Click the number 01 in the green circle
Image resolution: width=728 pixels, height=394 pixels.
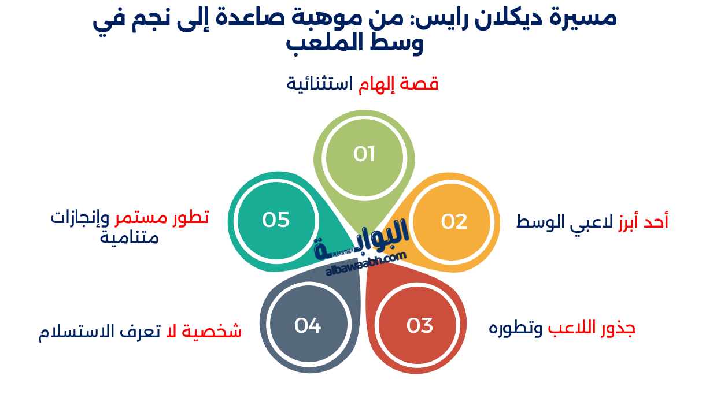(x=364, y=154)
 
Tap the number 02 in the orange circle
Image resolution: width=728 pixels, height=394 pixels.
(x=454, y=221)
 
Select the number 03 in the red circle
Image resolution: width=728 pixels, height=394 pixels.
(x=420, y=326)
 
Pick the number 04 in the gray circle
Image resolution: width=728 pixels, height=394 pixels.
(x=308, y=326)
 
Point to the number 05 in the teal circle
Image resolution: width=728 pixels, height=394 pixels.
(x=276, y=220)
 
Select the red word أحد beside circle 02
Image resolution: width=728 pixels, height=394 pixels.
(x=656, y=221)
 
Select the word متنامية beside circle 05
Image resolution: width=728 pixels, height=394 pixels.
(x=129, y=237)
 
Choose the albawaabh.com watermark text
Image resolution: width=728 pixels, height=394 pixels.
(x=365, y=264)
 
